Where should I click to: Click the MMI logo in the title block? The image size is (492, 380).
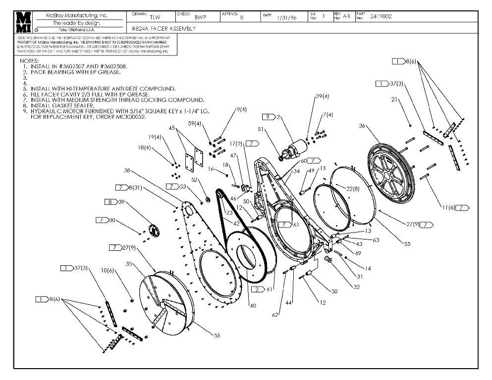pyautogui.click(x=23, y=22)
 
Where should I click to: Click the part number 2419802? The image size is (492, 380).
pyautogui.click(x=381, y=16)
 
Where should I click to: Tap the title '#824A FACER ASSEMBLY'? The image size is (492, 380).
pyautogui.click(x=164, y=29)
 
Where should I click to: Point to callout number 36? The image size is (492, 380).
pyautogui.click(x=362, y=126)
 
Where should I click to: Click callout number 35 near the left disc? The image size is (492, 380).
pyautogui.click(x=128, y=264)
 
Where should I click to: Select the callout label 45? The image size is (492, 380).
pyautogui.click(x=172, y=128)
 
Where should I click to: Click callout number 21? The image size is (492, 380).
pyautogui.click(x=395, y=99)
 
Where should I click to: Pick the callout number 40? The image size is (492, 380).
pyautogui.click(x=253, y=306)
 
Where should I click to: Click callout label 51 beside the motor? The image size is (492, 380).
pyautogui.click(x=261, y=130)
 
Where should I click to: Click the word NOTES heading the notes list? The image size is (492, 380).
pyautogui.click(x=29, y=61)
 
